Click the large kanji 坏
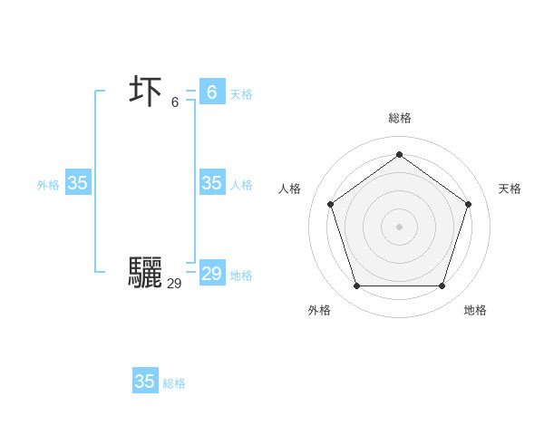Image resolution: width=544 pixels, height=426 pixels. tap(146, 92)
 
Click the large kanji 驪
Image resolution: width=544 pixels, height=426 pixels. tap(145, 273)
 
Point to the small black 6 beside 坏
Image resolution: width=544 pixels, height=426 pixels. tap(175, 102)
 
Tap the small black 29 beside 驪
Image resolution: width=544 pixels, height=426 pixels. tap(174, 284)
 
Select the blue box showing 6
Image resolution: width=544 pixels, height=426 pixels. tap(211, 92)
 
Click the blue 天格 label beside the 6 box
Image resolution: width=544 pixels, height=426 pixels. tap(241, 94)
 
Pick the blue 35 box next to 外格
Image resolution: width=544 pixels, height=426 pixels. tap(78, 183)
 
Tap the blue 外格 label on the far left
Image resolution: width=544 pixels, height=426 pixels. tap(48, 185)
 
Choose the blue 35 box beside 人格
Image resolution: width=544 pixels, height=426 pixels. tap(211, 183)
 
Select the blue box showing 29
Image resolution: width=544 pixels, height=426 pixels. tap(211, 274)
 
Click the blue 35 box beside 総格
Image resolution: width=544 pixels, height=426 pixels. tap(145, 382)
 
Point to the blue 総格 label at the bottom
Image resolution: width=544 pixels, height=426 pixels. tap(174, 383)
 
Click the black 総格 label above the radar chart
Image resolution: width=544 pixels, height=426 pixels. tap(399, 118)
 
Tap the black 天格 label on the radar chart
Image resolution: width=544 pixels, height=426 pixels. tap(510, 189)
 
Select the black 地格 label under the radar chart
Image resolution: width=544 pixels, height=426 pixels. tap(475, 310)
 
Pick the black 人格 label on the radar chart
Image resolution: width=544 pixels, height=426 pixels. tap(290, 189)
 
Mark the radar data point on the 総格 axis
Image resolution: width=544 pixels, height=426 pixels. tap(399, 154)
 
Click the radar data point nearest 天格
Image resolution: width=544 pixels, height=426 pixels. tap(468, 204)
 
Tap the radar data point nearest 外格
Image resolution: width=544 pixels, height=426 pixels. tap(356, 286)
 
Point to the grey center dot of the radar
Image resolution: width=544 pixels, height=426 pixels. tap(399, 226)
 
